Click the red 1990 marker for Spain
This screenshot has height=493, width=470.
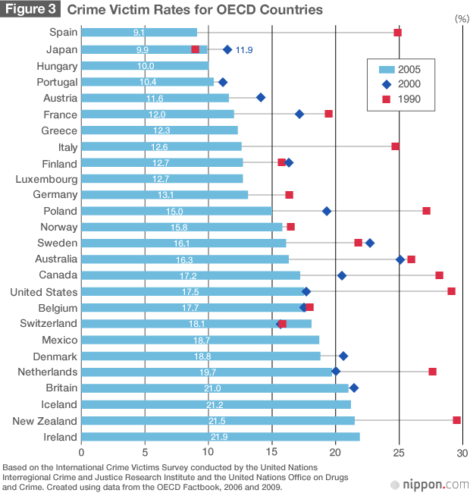[x=397, y=33]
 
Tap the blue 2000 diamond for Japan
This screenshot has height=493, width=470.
[x=227, y=49]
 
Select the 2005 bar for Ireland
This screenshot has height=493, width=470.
[x=220, y=437]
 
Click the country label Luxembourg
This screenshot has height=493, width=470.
[x=46, y=179]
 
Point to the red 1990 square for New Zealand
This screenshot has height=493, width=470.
[x=456, y=420]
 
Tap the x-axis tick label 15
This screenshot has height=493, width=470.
[x=271, y=453]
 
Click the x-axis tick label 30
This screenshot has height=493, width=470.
[x=461, y=453]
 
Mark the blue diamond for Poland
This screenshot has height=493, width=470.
[x=327, y=211]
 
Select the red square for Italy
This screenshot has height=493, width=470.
[x=395, y=146]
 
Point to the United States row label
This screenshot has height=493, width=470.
[x=43, y=292]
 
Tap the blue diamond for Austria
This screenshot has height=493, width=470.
[x=261, y=97]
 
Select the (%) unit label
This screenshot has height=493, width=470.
[x=461, y=17]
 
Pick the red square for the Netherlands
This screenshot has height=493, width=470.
[x=432, y=372]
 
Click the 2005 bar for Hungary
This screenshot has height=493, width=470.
[x=144, y=66]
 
